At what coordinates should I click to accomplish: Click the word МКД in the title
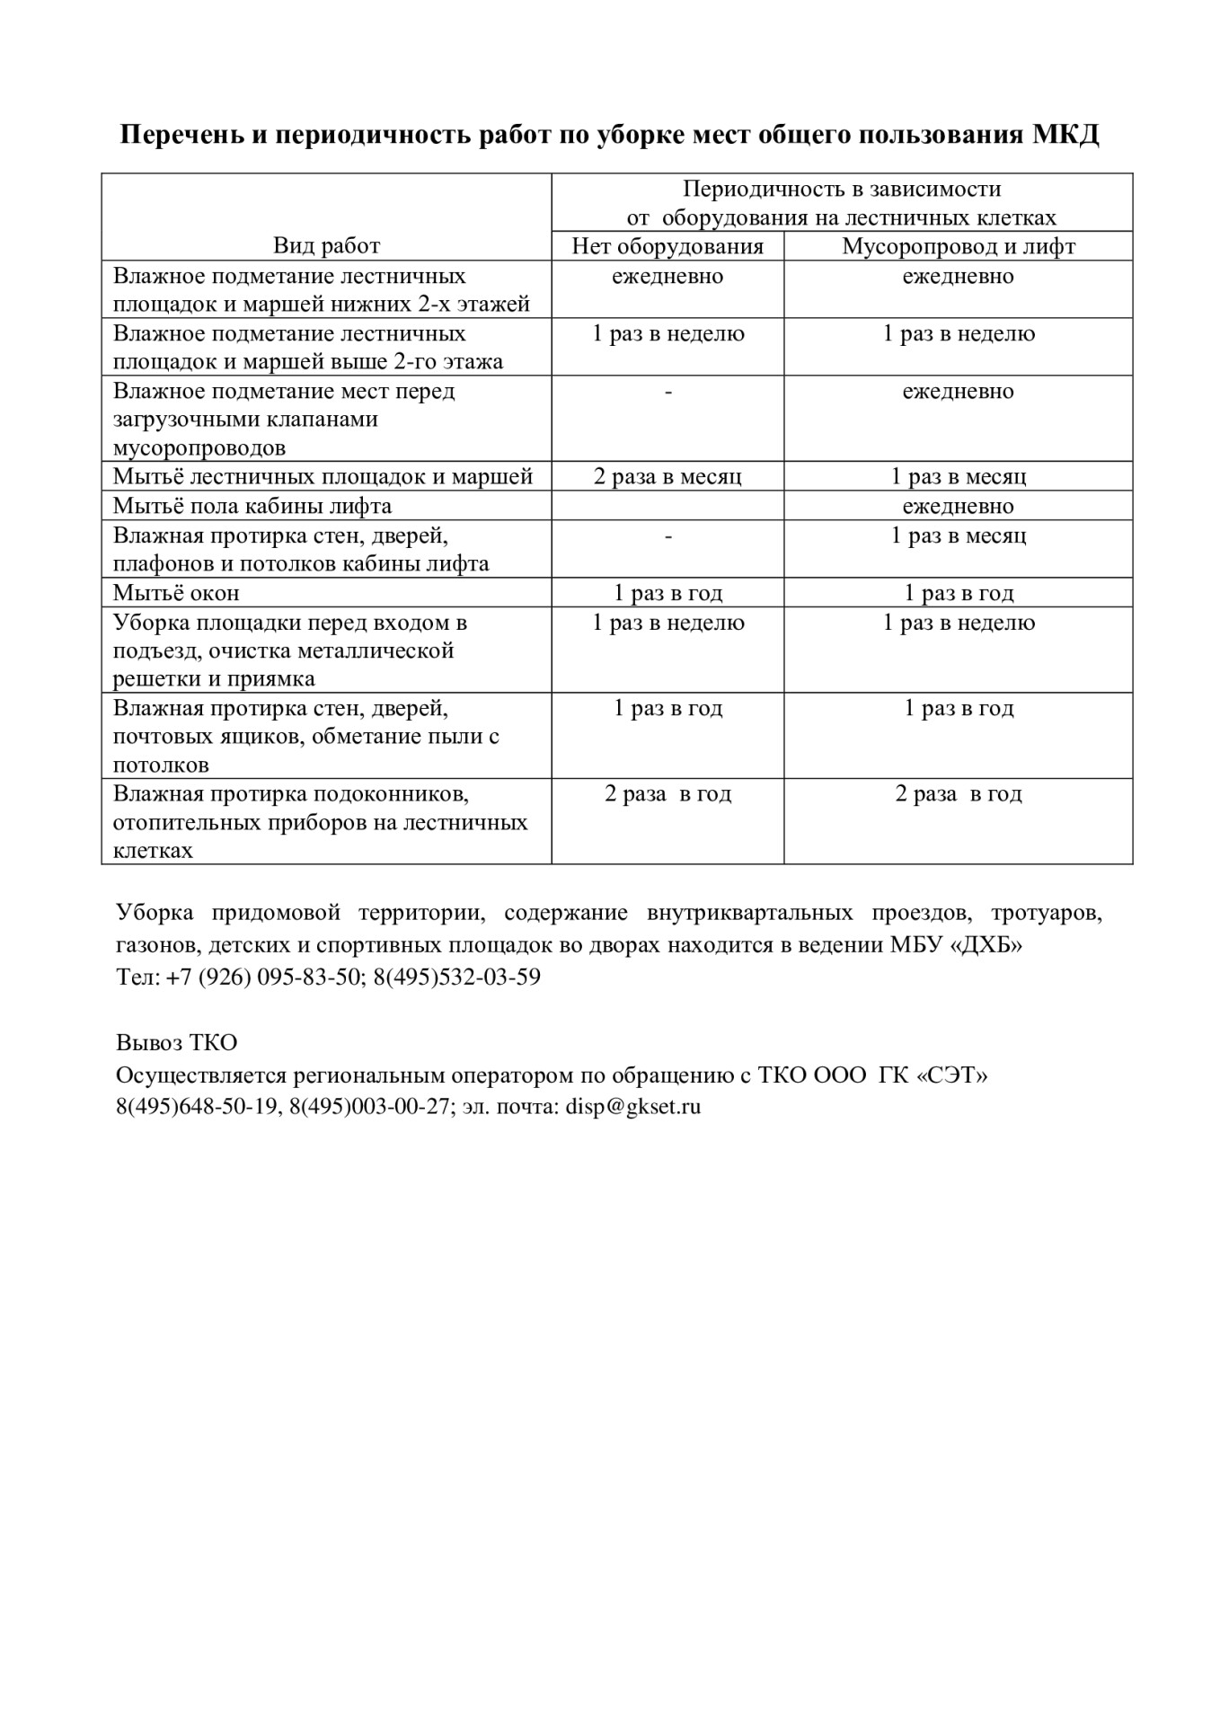(1065, 135)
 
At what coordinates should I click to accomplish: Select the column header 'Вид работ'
(326, 246)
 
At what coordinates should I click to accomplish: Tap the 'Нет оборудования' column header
(667, 246)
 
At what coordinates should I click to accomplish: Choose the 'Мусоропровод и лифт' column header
(958, 246)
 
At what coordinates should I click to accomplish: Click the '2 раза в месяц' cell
(667, 476)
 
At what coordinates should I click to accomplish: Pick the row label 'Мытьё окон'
(176, 593)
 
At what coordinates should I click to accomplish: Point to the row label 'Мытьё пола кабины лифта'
(252, 506)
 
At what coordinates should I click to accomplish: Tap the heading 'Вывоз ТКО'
(176, 1042)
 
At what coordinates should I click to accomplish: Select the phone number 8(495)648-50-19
(197, 1107)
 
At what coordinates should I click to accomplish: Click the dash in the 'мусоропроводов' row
(667, 392)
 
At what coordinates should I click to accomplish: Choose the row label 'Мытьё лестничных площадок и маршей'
(323, 476)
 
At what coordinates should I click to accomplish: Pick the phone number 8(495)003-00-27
(368, 1107)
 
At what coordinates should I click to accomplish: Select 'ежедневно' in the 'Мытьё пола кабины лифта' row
(958, 506)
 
